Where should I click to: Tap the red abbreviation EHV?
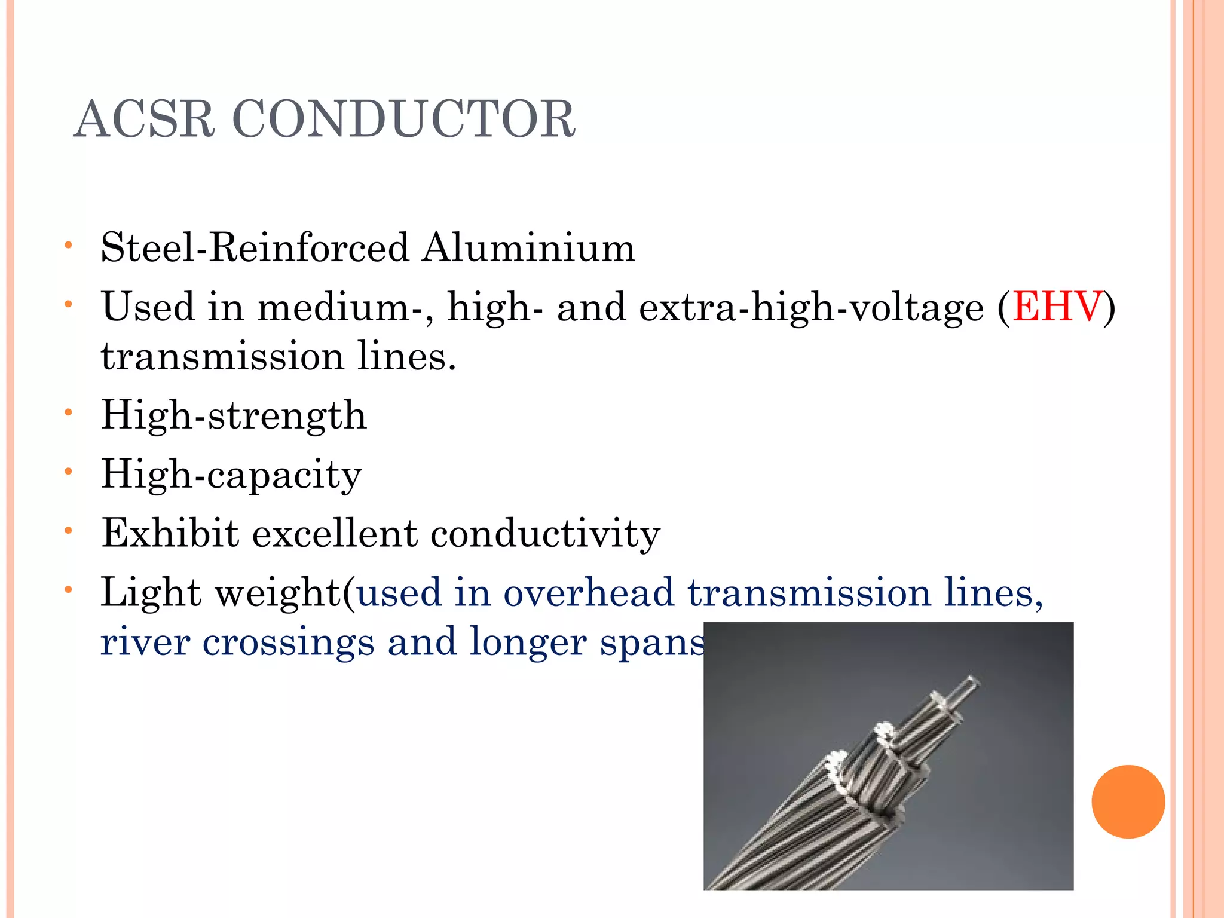(1057, 307)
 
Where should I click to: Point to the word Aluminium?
(528, 247)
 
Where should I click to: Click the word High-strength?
(234, 415)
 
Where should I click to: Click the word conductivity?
(545, 533)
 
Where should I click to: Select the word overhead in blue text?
(589, 593)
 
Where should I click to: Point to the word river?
(145, 642)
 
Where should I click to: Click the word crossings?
(288, 643)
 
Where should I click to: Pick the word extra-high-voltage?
(811, 307)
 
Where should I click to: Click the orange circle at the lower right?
(1128, 801)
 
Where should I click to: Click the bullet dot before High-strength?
(69, 412)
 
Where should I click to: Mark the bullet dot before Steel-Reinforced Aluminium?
(69, 245)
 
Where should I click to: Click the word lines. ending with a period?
(407, 356)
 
